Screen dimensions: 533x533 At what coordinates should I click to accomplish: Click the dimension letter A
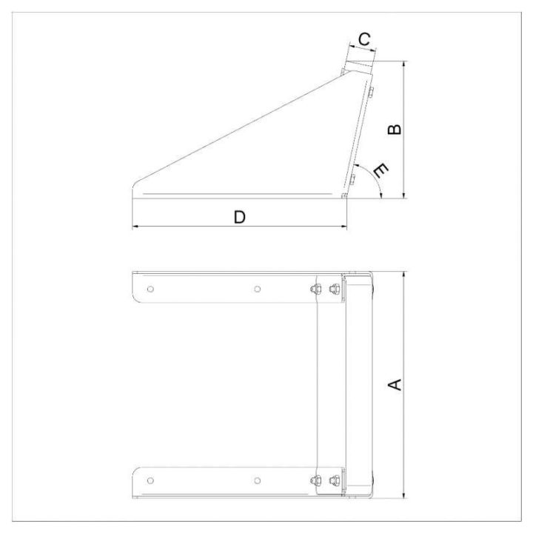pos(395,385)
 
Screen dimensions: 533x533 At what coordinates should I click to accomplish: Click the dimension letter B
pos(395,129)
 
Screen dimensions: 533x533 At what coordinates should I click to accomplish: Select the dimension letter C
pos(364,38)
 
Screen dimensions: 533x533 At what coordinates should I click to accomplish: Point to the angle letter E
pos(381,171)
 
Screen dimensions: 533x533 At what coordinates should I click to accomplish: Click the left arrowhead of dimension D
pos(135,227)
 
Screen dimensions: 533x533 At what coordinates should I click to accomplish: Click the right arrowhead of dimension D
pos(343,227)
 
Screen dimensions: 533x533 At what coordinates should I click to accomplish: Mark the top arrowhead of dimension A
pos(403,275)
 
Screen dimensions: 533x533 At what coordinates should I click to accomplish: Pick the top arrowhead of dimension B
pos(403,64)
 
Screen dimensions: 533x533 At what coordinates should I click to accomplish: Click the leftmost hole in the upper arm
pos(150,289)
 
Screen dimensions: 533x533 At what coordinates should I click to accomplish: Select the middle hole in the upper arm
pos(256,289)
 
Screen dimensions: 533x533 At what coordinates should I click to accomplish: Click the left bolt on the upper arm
pos(317,289)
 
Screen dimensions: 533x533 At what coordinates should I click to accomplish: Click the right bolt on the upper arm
pos(335,289)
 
